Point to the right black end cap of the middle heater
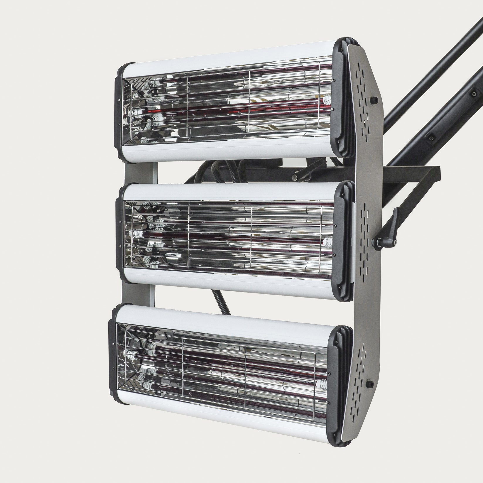tap(346, 241)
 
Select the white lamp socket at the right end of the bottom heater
tap(323, 383)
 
